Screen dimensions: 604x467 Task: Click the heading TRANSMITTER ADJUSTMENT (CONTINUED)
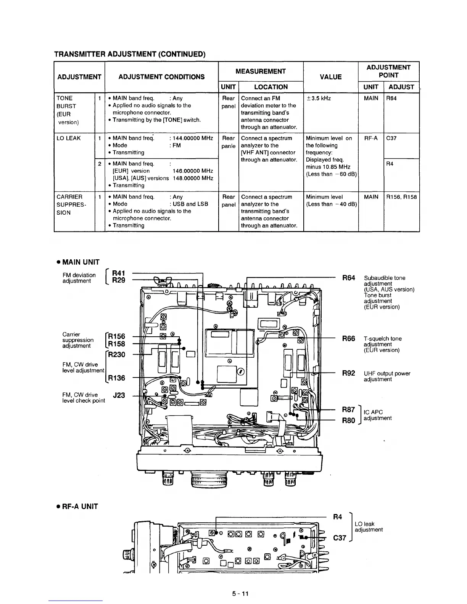point(130,54)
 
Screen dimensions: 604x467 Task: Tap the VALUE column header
point(330,77)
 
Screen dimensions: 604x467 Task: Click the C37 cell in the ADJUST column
point(391,138)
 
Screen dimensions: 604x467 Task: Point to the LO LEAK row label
point(69,138)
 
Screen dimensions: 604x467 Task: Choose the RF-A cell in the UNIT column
point(371,138)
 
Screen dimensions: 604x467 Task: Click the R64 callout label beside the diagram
point(348,278)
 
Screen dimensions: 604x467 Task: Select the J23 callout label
point(119,395)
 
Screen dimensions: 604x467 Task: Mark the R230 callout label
point(117,354)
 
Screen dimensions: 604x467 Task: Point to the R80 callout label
point(348,421)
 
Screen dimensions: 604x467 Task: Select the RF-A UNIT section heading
point(77,506)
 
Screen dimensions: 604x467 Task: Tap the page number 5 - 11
point(240,593)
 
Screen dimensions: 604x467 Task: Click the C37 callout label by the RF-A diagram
point(340,538)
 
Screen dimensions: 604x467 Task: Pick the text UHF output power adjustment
point(386,376)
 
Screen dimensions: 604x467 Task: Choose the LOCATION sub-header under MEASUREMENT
point(271,87)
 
